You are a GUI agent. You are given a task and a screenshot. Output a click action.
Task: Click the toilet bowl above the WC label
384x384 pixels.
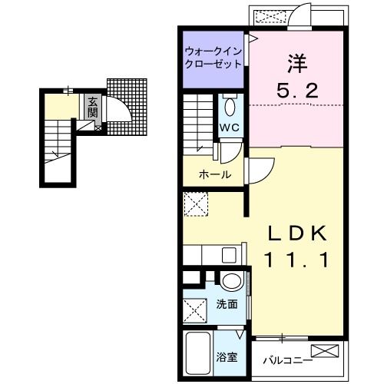pyautogui.click(x=230, y=105)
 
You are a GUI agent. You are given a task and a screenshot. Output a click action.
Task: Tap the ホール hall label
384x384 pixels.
pyautogui.click(x=214, y=174)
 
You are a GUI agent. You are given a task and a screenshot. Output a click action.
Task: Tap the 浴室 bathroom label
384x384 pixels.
pyautogui.click(x=227, y=357)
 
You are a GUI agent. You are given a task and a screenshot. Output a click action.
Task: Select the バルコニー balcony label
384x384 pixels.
pyautogui.click(x=286, y=359)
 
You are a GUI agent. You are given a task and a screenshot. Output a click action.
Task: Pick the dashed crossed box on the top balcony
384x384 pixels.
pyautogui.click(x=273, y=15)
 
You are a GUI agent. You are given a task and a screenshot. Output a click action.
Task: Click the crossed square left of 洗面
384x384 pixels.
pyautogui.click(x=194, y=310)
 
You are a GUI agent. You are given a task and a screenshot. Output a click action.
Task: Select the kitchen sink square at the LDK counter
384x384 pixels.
pyautogui.click(x=228, y=254)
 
